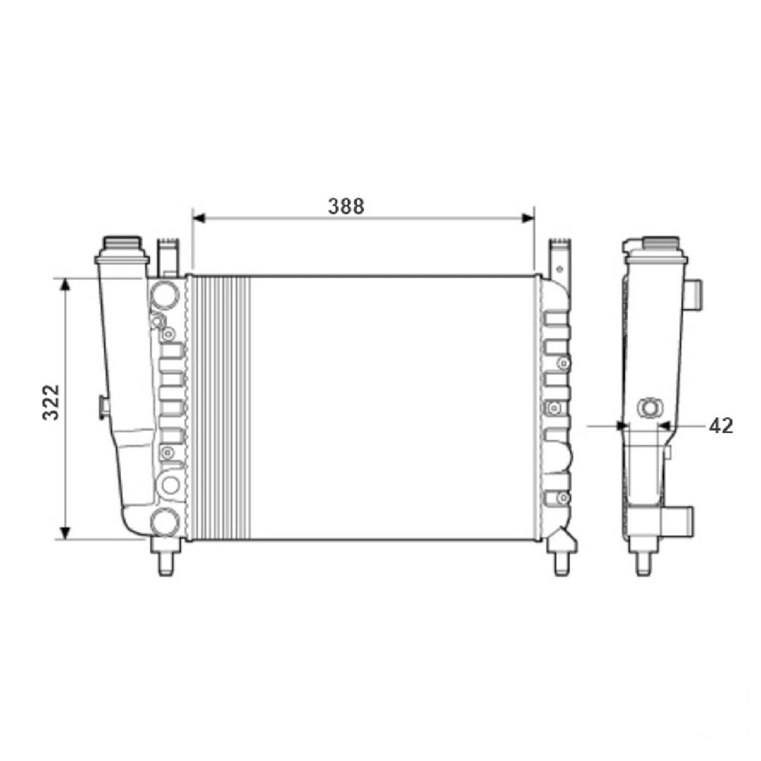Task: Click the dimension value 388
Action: point(346,207)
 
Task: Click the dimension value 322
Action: point(51,402)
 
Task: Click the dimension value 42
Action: point(721,425)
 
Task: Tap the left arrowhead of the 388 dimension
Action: point(199,218)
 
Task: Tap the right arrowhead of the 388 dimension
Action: point(528,218)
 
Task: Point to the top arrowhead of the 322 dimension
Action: point(65,285)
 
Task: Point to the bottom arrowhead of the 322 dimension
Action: point(65,533)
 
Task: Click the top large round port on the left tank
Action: point(165,295)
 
